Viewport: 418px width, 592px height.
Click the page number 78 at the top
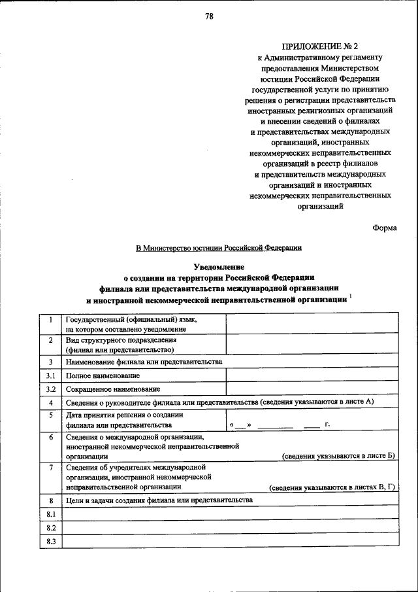point(208,16)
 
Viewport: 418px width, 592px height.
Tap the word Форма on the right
point(385,228)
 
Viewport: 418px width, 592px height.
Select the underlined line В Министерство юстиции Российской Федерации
point(218,248)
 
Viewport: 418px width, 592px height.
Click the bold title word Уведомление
point(219,266)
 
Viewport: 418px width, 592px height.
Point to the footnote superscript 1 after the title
point(351,296)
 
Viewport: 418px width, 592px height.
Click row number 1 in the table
point(50,320)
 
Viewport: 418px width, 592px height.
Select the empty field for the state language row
point(311,324)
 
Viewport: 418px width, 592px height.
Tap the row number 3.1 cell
point(50,375)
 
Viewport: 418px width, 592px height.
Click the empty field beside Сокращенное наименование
point(311,389)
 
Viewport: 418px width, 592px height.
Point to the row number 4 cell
point(50,402)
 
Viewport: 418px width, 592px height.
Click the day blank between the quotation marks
point(240,425)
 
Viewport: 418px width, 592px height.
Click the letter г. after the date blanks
point(327,425)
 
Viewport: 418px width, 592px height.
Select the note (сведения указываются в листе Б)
point(338,455)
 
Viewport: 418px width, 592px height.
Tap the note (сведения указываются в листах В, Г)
point(332,487)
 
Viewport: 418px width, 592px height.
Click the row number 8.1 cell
point(50,514)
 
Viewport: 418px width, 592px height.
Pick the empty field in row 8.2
point(229,527)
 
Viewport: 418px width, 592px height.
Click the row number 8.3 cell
point(50,541)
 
